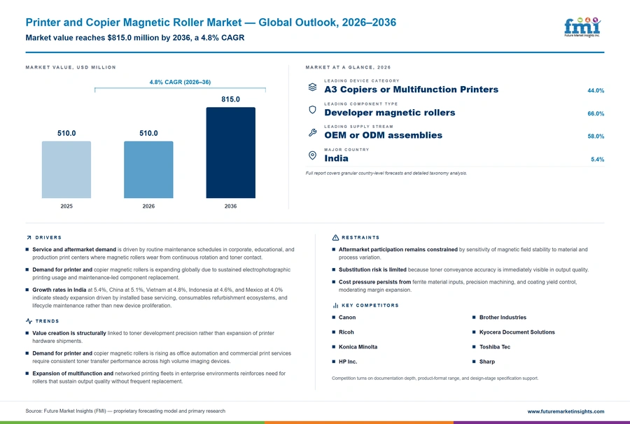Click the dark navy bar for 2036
pos(230,153)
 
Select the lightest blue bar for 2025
pos(66,169)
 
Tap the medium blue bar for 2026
pos(148,169)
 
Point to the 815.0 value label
pos(230,99)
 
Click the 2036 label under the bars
pos(230,206)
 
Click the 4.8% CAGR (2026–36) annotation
pos(180,82)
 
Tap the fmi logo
pos(582,27)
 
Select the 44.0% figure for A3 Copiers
pos(596,91)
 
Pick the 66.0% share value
pos(596,113)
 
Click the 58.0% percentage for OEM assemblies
pos(596,136)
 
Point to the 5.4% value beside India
pos(598,160)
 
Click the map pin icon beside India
pos(312,155)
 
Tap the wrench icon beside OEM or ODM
pos(313,132)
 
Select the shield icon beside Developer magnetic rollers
pos(312,110)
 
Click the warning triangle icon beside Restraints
pos(335,238)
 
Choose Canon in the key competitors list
pos(347,317)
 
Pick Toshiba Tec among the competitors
pos(495,347)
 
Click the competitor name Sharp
pos(487,362)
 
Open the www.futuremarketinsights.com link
pos(566,411)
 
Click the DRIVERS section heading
pos(48,238)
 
